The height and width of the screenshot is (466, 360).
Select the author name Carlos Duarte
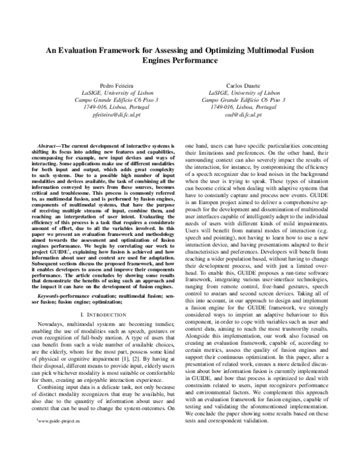click(244, 86)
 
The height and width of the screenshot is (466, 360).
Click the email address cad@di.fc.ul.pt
click(244, 113)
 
